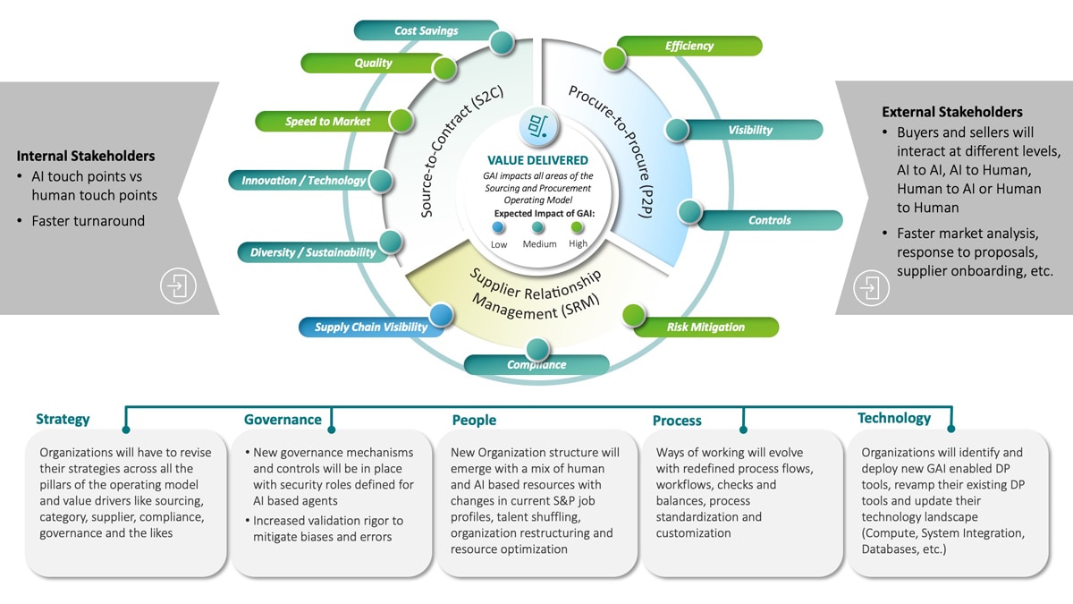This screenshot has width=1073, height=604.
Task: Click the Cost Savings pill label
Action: (426, 30)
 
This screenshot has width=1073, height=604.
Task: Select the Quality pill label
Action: (373, 63)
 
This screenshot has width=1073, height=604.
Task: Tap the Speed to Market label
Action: (327, 122)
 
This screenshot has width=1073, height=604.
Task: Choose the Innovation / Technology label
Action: (303, 181)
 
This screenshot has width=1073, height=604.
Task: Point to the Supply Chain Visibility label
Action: (370, 327)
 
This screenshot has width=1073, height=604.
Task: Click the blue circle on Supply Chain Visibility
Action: (441, 314)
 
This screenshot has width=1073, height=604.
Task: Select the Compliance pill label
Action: (536, 364)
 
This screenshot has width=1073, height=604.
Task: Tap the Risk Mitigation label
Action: (705, 327)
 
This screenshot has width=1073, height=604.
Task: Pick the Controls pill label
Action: (770, 220)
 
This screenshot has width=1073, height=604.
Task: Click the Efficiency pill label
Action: (689, 46)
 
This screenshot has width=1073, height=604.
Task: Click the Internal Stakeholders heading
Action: (85, 156)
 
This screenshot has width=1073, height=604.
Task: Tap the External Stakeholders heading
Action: (951, 112)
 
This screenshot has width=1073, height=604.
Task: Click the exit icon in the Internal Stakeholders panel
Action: (177, 287)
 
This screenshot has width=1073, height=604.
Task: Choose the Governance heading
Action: (283, 420)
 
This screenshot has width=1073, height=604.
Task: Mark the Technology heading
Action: (893, 418)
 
